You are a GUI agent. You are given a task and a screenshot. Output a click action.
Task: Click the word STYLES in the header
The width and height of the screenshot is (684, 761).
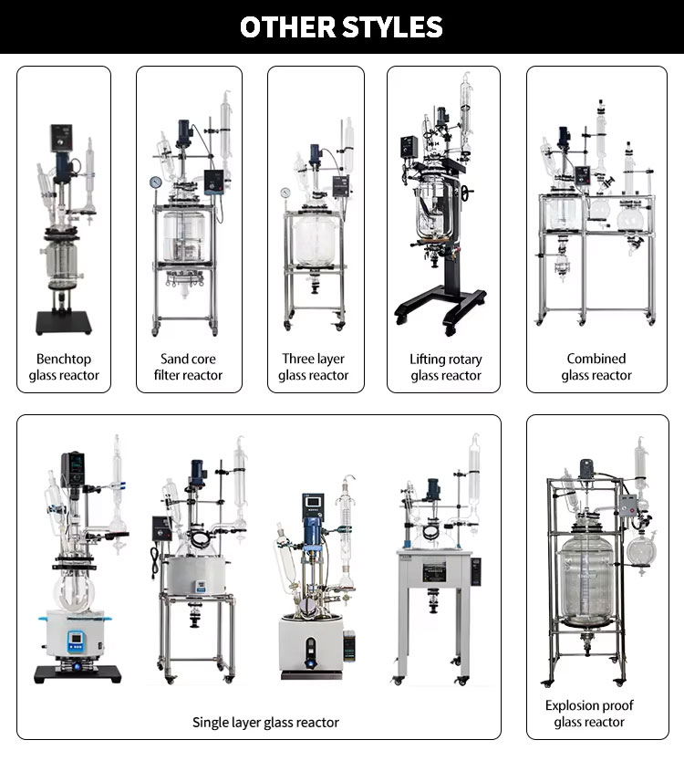pos(392,27)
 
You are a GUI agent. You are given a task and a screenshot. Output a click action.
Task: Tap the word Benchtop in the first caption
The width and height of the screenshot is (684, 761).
pos(64,360)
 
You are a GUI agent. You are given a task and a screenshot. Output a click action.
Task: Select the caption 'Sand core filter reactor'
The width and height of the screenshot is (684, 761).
pos(188,367)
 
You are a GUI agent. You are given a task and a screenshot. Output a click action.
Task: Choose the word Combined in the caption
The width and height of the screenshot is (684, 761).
pos(596,359)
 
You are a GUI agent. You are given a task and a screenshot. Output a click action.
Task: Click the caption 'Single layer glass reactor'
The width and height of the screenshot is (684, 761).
pos(265,723)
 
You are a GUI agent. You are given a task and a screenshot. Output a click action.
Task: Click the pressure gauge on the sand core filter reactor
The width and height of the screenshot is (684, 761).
pos(156,182)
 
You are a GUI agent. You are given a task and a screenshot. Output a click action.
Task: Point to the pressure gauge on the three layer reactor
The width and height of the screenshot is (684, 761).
pos(285,193)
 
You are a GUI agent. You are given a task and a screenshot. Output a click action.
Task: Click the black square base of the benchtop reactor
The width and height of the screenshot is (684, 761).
pos(64,323)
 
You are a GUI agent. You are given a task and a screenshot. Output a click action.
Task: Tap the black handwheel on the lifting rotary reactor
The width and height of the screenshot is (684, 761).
pos(467,193)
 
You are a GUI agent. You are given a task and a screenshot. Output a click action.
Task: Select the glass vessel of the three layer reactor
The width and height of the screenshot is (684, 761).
pos(316,241)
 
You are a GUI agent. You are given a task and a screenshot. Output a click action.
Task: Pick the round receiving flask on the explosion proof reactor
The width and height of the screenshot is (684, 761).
pos(641,552)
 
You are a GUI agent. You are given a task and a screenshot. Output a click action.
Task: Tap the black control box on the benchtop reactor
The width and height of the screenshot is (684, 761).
pos(62,138)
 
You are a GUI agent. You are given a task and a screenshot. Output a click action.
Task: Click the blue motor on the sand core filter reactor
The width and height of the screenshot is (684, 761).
pos(184,133)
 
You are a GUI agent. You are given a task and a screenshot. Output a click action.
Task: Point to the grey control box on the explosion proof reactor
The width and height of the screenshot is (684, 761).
pos(628,506)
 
